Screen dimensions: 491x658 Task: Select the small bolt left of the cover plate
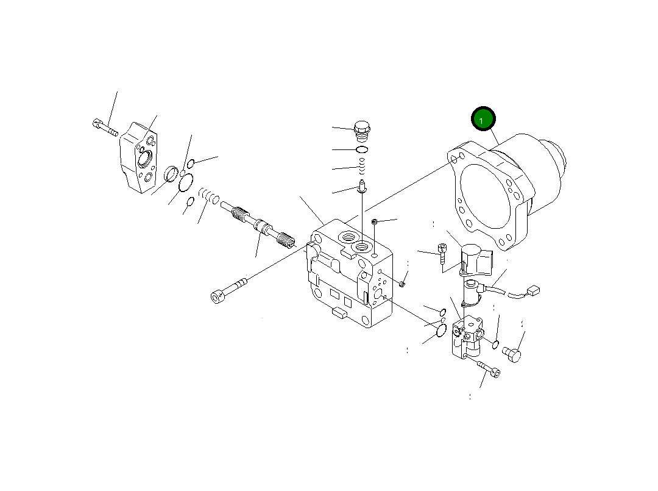105,127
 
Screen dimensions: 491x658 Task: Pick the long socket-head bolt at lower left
228,290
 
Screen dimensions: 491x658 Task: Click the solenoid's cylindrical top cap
473,251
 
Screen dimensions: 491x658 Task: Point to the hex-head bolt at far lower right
514,354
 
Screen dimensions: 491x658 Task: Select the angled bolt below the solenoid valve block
488,368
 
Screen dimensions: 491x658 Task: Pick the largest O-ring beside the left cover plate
185,181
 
